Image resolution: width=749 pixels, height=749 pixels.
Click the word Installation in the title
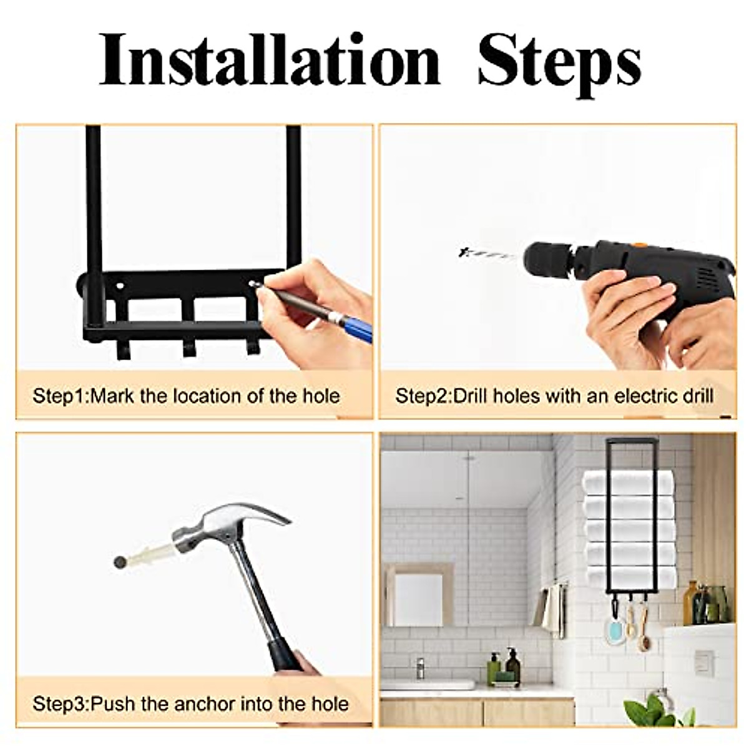point(270,61)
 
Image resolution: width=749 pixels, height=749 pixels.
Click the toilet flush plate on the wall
point(704,662)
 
